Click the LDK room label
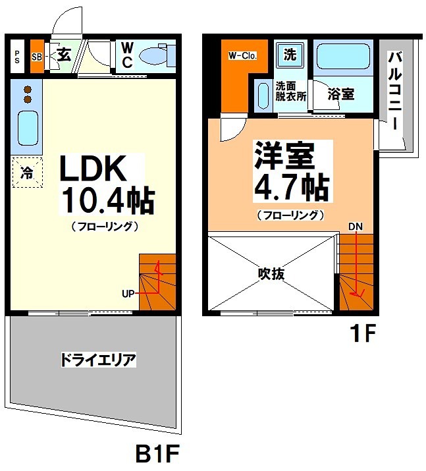tap(93, 170)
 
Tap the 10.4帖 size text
tap(107, 200)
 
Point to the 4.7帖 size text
tap(291, 188)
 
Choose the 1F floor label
tap(361, 334)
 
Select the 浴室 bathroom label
tap(341, 94)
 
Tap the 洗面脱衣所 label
tap(290, 90)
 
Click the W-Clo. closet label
tap(242, 56)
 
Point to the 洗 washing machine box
tap(290, 55)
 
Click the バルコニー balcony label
tap(395, 92)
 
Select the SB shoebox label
tap(37, 57)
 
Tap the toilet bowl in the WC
tap(157, 56)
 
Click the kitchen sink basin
tap(27, 128)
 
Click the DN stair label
tap(356, 227)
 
